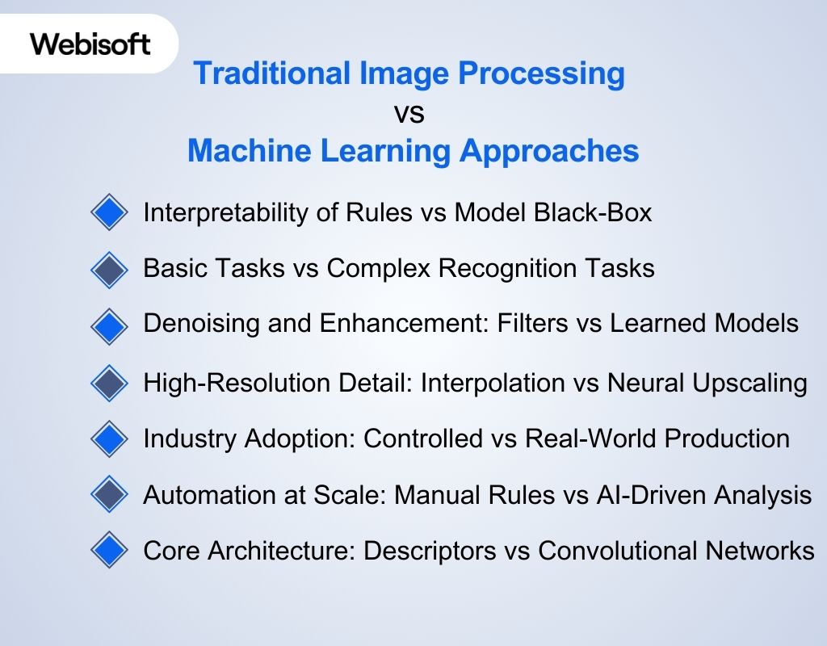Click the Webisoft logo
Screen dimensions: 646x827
(x=90, y=44)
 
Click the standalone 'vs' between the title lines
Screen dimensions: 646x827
(x=409, y=113)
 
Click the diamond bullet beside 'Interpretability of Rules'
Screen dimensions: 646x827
(x=109, y=213)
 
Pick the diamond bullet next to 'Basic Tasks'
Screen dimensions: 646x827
(x=109, y=269)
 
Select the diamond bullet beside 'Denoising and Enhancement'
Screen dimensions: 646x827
(x=109, y=325)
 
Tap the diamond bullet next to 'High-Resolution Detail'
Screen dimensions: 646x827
(x=109, y=383)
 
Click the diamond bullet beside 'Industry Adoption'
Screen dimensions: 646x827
(x=109, y=439)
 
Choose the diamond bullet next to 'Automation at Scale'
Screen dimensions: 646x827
(x=109, y=495)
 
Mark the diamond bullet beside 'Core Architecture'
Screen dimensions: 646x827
(x=109, y=552)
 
